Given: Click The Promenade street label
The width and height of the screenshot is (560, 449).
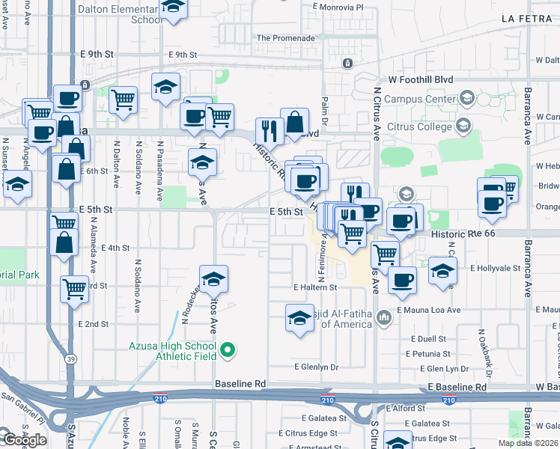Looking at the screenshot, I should [285, 38].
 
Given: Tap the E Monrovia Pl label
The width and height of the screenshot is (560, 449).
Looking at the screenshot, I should [337, 7].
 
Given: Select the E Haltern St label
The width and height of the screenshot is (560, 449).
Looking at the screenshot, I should [316, 287].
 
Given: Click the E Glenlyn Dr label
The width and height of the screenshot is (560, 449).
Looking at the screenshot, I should [317, 367].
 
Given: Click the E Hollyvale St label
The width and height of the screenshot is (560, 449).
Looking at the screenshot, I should [495, 268].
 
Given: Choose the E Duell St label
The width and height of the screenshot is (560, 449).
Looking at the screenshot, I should [428, 339].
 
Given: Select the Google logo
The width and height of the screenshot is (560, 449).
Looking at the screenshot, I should [24, 440].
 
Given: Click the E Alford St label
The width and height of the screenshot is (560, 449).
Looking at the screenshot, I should [406, 409].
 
